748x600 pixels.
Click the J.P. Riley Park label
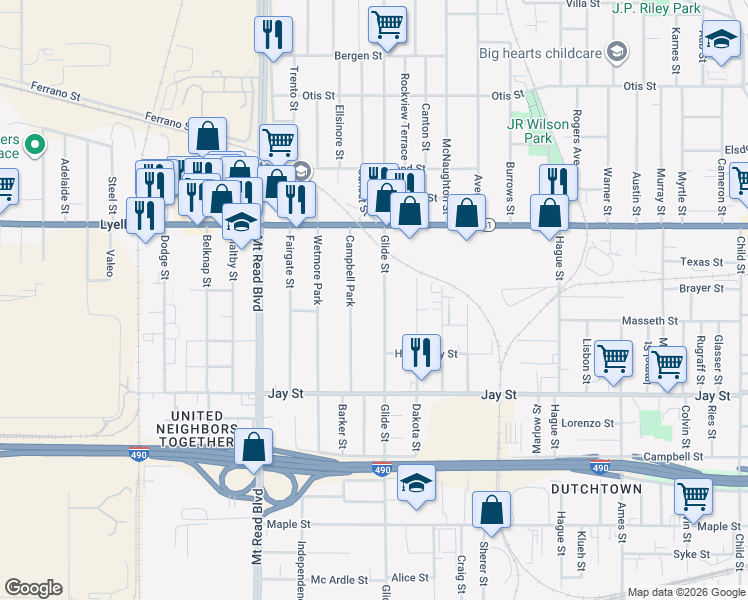[x=656, y=8]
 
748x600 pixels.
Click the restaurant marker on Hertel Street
[x=421, y=350]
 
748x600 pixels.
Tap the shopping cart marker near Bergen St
[x=387, y=24]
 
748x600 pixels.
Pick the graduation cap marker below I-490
[x=416, y=483]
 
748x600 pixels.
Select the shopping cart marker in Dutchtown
[x=692, y=495]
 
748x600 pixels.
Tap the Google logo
[x=33, y=588]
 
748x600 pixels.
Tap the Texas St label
[x=701, y=262]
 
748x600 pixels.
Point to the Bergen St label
[x=359, y=56]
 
